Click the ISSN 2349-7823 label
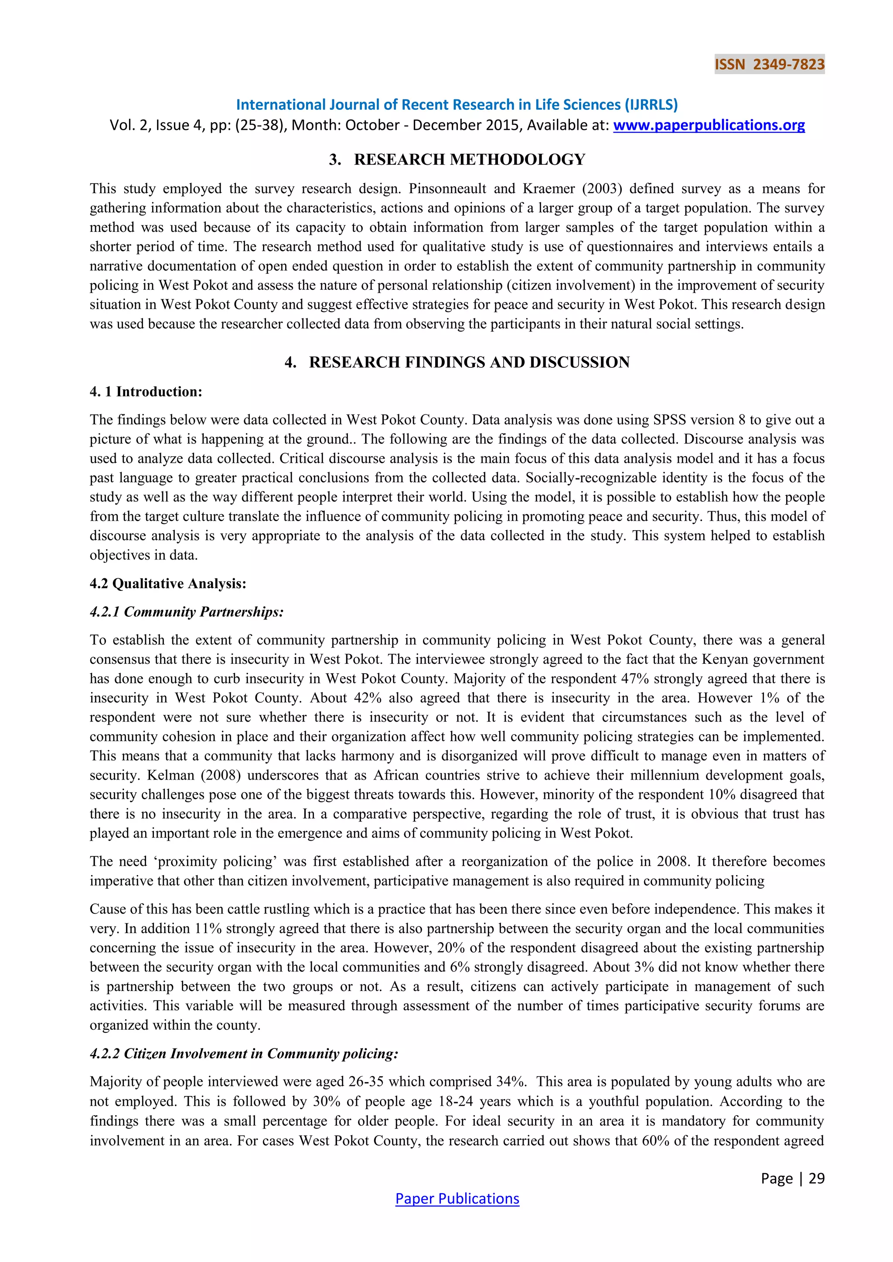pos(769,64)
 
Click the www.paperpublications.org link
pos(709,126)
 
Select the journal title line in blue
pos(457,105)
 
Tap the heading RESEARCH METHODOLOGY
pos(469,159)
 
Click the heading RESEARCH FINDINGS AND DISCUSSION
pos(469,362)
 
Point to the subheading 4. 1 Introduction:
pos(146,392)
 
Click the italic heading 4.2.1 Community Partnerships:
pos(187,612)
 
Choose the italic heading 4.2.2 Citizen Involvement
pos(244,1053)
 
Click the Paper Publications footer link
pos(457,1199)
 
